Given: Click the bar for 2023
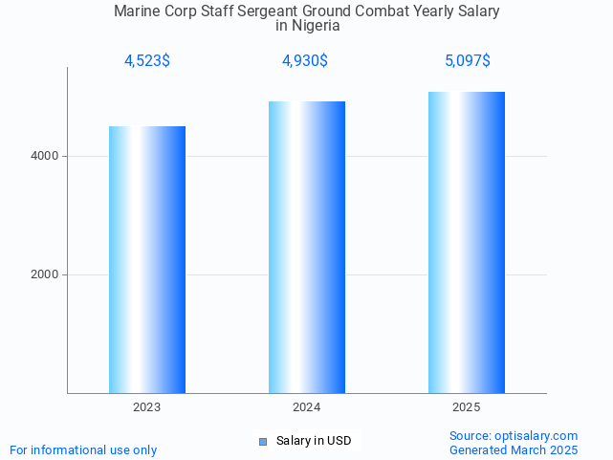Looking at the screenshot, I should pyautogui.click(x=147, y=259).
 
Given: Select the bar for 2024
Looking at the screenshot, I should pyautogui.click(x=307, y=247).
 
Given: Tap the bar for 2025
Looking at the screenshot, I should pyautogui.click(x=467, y=242).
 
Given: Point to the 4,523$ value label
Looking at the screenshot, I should pyautogui.click(x=147, y=61).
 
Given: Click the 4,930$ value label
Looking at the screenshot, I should pyautogui.click(x=305, y=61).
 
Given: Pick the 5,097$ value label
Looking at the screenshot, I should pyautogui.click(x=467, y=61).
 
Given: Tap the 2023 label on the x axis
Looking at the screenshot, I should pyautogui.click(x=147, y=407).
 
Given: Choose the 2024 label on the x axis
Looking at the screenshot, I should pyautogui.click(x=307, y=407).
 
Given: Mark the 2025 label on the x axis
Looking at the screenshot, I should pyautogui.click(x=467, y=407).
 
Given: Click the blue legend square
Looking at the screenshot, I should pyautogui.click(x=263, y=441).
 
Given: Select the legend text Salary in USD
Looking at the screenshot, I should pyautogui.click(x=314, y=441).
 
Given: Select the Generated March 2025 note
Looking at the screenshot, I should pyautogui.click(x=514, y=449).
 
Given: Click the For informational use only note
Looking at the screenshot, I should pyautogui.click(x=83, y=449).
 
